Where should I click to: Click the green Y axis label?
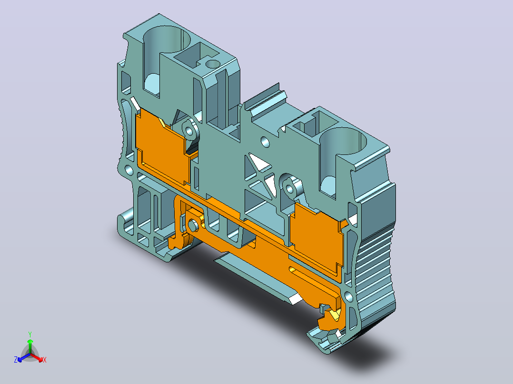(x=30, y=334)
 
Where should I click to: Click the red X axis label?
(x=45, y=360)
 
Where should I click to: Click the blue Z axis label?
(x=16, y=360)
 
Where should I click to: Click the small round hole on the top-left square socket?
(x=213, y=64)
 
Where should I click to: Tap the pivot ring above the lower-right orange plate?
(x=290, y=188)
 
